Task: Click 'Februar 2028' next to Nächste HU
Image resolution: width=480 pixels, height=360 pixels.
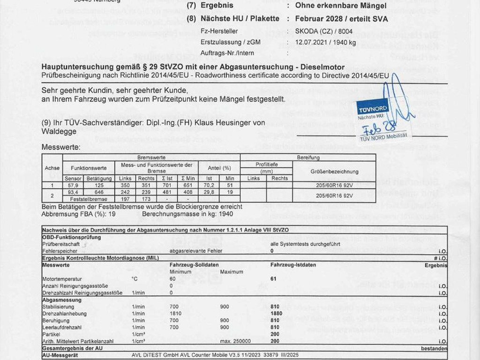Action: pyautogui.click(x=317, y=19)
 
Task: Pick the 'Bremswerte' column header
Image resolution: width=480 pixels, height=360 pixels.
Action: pyautogui.click(x=148, y=157)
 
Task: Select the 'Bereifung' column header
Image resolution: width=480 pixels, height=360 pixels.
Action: pyautogui.click(x=308, y=157)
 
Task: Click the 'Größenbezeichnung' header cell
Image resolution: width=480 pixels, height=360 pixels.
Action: pyautogui.click(x=334, y=172)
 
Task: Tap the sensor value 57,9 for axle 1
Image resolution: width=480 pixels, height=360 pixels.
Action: pyautogui.click(x=73, y=185)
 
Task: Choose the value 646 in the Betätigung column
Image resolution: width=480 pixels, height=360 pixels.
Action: pyautogui.click(x=98, y=192)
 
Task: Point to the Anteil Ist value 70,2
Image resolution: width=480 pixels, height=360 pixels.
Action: pyautogui.click(x=209, y=185)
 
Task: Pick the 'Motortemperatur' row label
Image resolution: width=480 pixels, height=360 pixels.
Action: pyautogui.click(x=62, y=279)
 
